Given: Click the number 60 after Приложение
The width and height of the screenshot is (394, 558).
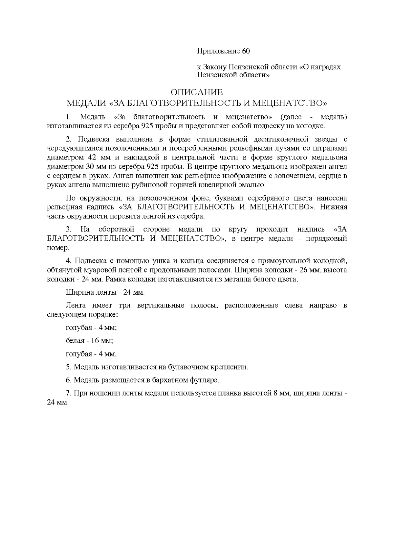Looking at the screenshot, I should pos(246,51).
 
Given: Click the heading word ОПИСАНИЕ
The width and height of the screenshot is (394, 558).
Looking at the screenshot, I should pos(197,92).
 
